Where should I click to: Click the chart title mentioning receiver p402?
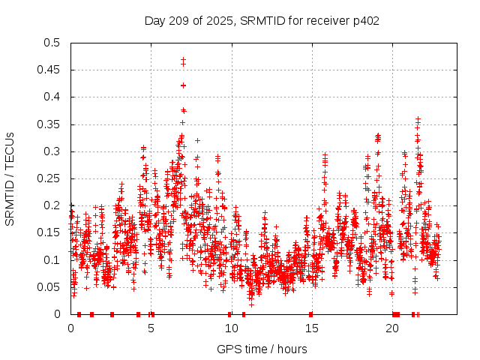pyautogui.click(x=262, y=20)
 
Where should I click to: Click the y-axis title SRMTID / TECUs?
pyautogui.click(x=10, y=178)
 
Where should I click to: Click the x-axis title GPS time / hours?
pyautogui.click(x=262, y=349)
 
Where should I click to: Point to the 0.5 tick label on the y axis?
pyautogui.click(x=52, y=43)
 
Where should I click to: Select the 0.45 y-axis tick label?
pyautogui.click(x=49, y=70)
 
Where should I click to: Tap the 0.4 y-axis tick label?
pyautogui.click(x=52, y=97)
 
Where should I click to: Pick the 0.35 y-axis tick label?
pyautogui.click(x=49, y=124)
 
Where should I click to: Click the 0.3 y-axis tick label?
pyautogui.click(x=52, y=151)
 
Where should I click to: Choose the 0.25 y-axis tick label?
pyautogui.click(x=49, y=178)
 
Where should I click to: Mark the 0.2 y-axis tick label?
pyautogui.click(x=52, y=205)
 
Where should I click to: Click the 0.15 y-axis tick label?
pyautogui.click(x=49, y=232)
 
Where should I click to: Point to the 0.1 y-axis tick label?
pyautogui.click(x=52, y=259)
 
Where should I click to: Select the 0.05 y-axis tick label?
pyautogui.click(x=49, y=287)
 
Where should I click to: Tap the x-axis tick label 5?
pyautogui.click(x=151, y=328)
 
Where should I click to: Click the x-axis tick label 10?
pyautogui.click(x=232, y=328)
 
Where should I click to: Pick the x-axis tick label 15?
pyautogui.click(x=312, y=328)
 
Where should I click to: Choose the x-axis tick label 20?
pyautogui.click(x=392, y=328)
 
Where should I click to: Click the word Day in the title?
pyautogui.click(x=154, y=20)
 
